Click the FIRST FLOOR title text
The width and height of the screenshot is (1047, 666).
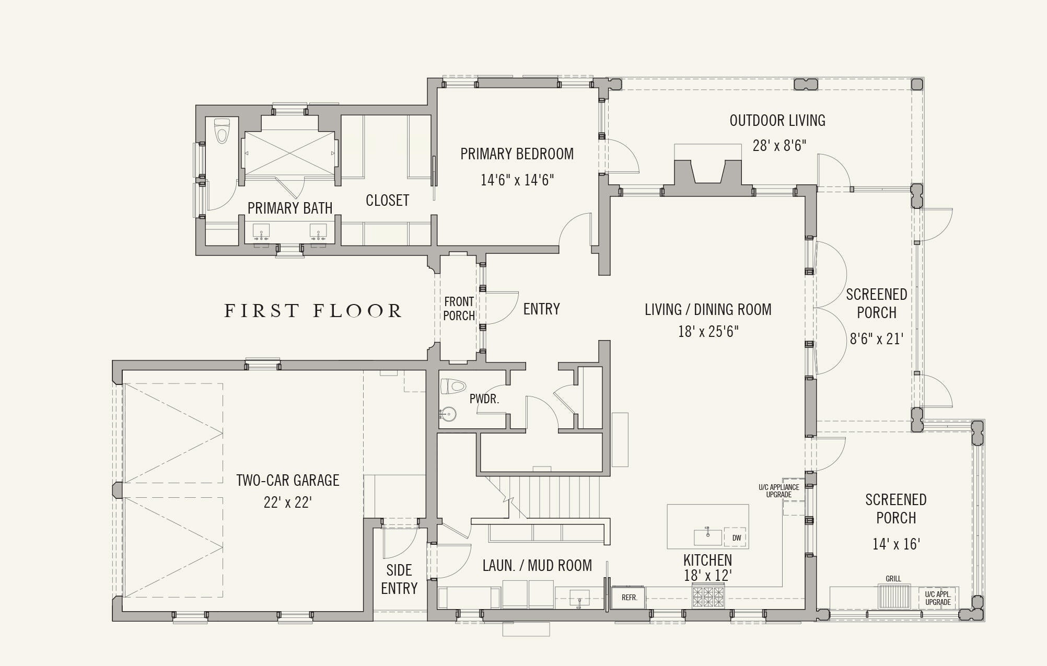(313, 311)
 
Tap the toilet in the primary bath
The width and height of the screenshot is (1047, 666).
(222, 131)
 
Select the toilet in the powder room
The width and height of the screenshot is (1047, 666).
(453, 387)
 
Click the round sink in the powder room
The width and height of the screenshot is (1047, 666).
(448, 415)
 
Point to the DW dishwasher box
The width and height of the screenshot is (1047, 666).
(736, 538)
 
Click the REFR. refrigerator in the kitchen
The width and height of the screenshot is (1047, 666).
(629, 598)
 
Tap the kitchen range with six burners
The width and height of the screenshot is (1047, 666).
(708, 597)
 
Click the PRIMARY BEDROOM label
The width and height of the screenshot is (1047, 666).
(517, 154)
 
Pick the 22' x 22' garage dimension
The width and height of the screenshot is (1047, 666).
(288, 503)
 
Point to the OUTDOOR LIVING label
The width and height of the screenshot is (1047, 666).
(777, 121)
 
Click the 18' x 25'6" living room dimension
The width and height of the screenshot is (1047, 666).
(708, 332)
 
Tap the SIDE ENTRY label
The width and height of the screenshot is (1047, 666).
(399, 579)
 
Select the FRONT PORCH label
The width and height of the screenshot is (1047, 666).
(459, 309)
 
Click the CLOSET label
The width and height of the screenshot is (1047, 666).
(387, 201)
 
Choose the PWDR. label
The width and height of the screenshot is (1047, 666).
(484, 399)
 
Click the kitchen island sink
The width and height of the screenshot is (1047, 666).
(708, 536)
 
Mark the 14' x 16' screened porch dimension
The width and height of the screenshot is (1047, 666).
(896, 544)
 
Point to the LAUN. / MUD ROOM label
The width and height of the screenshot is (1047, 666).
(537, 566)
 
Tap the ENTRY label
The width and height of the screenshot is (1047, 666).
(542, 309)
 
